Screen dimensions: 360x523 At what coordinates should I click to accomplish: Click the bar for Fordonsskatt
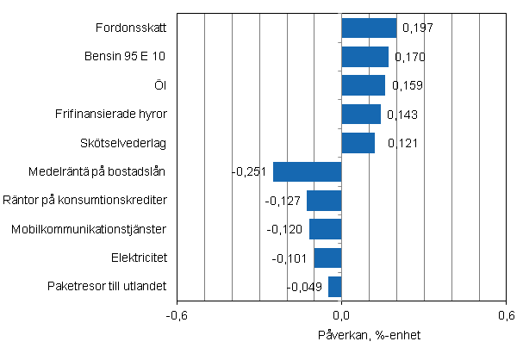point(369,28)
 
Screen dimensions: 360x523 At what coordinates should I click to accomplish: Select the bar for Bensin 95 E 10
point(365,57)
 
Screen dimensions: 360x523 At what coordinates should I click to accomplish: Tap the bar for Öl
point(364,85)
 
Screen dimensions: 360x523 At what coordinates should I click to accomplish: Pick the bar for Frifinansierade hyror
point(361,114)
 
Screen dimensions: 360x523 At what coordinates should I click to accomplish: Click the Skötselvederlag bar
point(358,142)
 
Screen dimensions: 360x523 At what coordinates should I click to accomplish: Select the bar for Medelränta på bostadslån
point(308,171)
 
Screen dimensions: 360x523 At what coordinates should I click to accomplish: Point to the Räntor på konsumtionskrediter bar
point(324,201)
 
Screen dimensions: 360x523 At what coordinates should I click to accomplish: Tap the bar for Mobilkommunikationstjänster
point(326,229)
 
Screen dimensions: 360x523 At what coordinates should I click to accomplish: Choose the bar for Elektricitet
point(328,258)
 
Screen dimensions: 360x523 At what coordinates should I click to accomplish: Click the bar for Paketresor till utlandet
point(335,286)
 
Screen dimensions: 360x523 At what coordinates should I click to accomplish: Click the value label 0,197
point(418,28)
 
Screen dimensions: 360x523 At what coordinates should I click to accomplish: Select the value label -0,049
point(305,287)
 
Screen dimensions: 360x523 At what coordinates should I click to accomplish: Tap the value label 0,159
point(407,86)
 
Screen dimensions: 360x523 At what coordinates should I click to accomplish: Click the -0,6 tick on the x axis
point(177,314)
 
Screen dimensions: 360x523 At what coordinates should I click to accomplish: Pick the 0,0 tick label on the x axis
point(342,314)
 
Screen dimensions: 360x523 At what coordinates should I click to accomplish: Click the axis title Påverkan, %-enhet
point(342,335)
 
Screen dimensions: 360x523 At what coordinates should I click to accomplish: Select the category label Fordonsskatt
point(131,28)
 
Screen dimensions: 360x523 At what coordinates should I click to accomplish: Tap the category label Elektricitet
point(139,258)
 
